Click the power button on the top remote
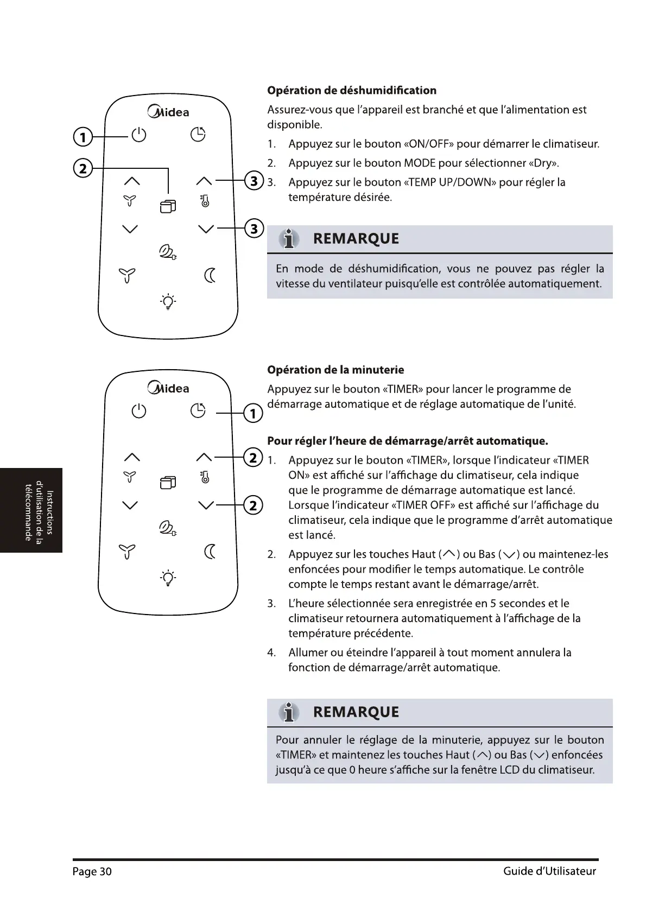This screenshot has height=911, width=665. tap(139, 135)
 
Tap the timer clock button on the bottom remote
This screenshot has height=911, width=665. tap(198, 411)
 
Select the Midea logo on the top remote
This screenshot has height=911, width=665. tap(168, 112)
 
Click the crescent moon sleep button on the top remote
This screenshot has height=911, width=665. tap(210, 276)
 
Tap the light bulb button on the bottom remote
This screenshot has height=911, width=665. tap(168, 578)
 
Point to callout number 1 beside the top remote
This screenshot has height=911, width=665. tap(83, 137)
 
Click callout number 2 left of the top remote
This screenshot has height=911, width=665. tap(83, 169)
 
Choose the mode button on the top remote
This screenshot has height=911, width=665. tap(168, 206)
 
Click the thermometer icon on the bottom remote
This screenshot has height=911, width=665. tap(205, 477)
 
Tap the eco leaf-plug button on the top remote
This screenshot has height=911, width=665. tap(167, 252)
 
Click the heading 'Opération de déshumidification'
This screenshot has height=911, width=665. tap(352, 90)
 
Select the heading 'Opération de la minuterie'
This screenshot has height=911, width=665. tap(335, 370)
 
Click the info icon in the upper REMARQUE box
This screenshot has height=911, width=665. tap(289, 239)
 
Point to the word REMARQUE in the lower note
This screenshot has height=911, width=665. tap(356, 712)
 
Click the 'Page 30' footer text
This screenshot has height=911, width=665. tap(92, 871)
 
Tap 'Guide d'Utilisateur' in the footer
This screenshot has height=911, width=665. tap(549, 871)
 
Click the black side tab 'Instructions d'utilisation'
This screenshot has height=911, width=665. tap(31, 510)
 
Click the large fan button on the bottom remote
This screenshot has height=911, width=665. tap(127, 552)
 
